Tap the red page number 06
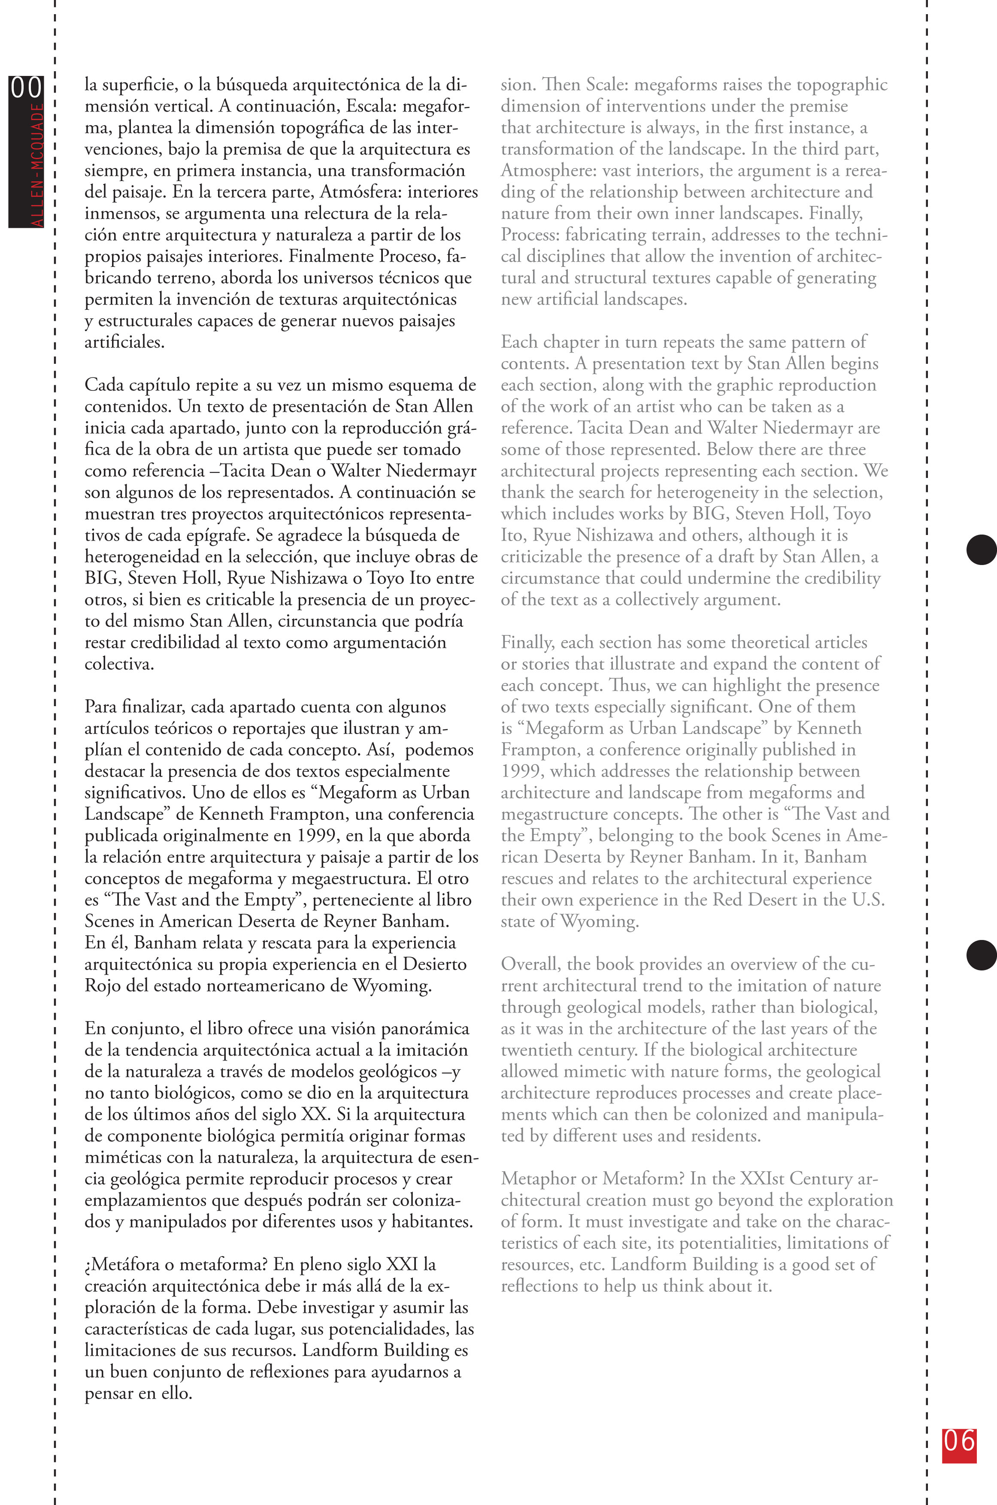click(959, 1442)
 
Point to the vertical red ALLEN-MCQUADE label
click(37, 165)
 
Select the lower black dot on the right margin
click(981, 955)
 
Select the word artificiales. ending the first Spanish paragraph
click(124, 342)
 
